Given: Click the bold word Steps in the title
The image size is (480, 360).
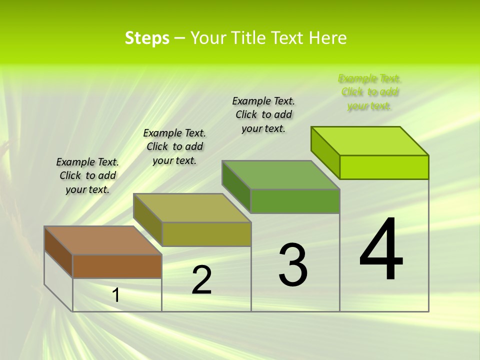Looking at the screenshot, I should (x=147, y=38).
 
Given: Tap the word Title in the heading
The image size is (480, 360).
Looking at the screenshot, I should (x=251, y=38).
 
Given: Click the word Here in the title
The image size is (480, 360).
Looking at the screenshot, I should (x=327, y=38).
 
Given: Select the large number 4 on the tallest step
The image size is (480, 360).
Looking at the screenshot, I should (x=381, y=249).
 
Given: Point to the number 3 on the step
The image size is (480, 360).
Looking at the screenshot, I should (x=293, y=265).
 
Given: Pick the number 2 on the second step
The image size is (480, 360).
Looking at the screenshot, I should (x=202, y=280).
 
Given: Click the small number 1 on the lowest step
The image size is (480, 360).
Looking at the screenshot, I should (x=116, y=295).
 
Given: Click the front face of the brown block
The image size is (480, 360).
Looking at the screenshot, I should (x=117, y=266).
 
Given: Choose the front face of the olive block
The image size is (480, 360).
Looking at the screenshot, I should (x=206, y=234).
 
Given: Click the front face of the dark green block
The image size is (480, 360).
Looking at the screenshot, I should (x=295, y=201).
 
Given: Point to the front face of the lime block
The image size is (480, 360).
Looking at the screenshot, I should (x=384, y=167).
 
